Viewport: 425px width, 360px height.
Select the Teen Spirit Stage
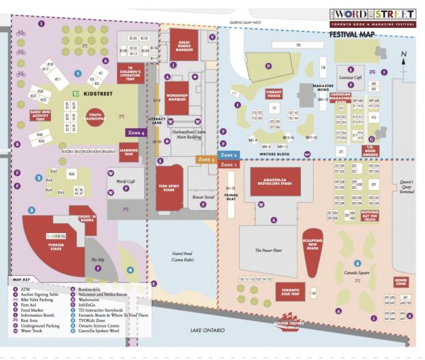tap(170, 186)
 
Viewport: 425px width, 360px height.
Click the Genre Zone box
tap(400, 282)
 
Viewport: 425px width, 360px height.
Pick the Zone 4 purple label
tap(136, 134)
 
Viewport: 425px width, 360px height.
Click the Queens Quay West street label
tap(246, 22)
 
